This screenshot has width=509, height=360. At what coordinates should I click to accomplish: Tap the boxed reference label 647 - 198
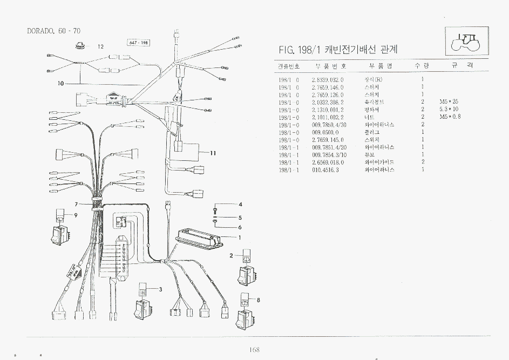(138, 43)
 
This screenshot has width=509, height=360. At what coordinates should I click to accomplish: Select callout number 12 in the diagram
(100, 47)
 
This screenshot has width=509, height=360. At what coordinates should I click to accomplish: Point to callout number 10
(60, 84)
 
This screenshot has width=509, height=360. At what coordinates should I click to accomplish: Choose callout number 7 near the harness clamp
(77, 204)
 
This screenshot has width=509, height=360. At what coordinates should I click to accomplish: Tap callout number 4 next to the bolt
(240, 205)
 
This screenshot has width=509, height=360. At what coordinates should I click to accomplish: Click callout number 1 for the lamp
(240, 237)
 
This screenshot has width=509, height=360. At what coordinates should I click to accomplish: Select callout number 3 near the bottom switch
(161, 289)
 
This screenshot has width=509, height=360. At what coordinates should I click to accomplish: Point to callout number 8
(259, 300)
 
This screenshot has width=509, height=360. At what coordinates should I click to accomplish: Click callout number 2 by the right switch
(231, 255)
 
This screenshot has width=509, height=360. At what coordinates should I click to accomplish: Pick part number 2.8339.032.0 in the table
(328, 79)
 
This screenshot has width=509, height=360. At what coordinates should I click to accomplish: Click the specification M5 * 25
(449, 102)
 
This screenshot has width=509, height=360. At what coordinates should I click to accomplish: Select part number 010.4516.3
(325, 169)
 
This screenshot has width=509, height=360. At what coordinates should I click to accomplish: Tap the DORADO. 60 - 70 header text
(54, 31)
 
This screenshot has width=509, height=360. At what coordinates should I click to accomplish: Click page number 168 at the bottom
(255, 350)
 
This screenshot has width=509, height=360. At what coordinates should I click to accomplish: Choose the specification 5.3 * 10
(449, 110)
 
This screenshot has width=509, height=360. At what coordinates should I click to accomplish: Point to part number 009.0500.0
(325, 132)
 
